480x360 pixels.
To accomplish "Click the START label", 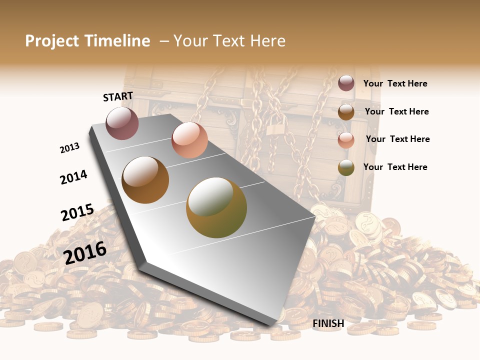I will point(118,96).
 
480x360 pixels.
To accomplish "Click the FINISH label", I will point(328,323).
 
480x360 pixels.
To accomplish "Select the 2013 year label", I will point(69,148).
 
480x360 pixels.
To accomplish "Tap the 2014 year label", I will point(73,177).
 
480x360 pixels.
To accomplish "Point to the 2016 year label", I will point(85,252).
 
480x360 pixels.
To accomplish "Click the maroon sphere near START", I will point(122,123).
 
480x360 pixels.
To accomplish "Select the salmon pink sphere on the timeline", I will point(189,140).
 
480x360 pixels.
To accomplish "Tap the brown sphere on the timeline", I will point(145,180).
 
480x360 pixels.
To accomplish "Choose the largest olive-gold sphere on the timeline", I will point(216,207).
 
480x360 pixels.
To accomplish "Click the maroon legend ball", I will point(346,83).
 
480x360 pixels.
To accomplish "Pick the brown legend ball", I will point(346,112).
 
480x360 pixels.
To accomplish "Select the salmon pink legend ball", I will point(346,140).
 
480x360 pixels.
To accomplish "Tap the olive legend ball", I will point(346,168).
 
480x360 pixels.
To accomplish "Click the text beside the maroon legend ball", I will point(395,83).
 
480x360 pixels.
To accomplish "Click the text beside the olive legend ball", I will point(395,167).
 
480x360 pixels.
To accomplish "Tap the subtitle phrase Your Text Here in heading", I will point(229,41).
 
